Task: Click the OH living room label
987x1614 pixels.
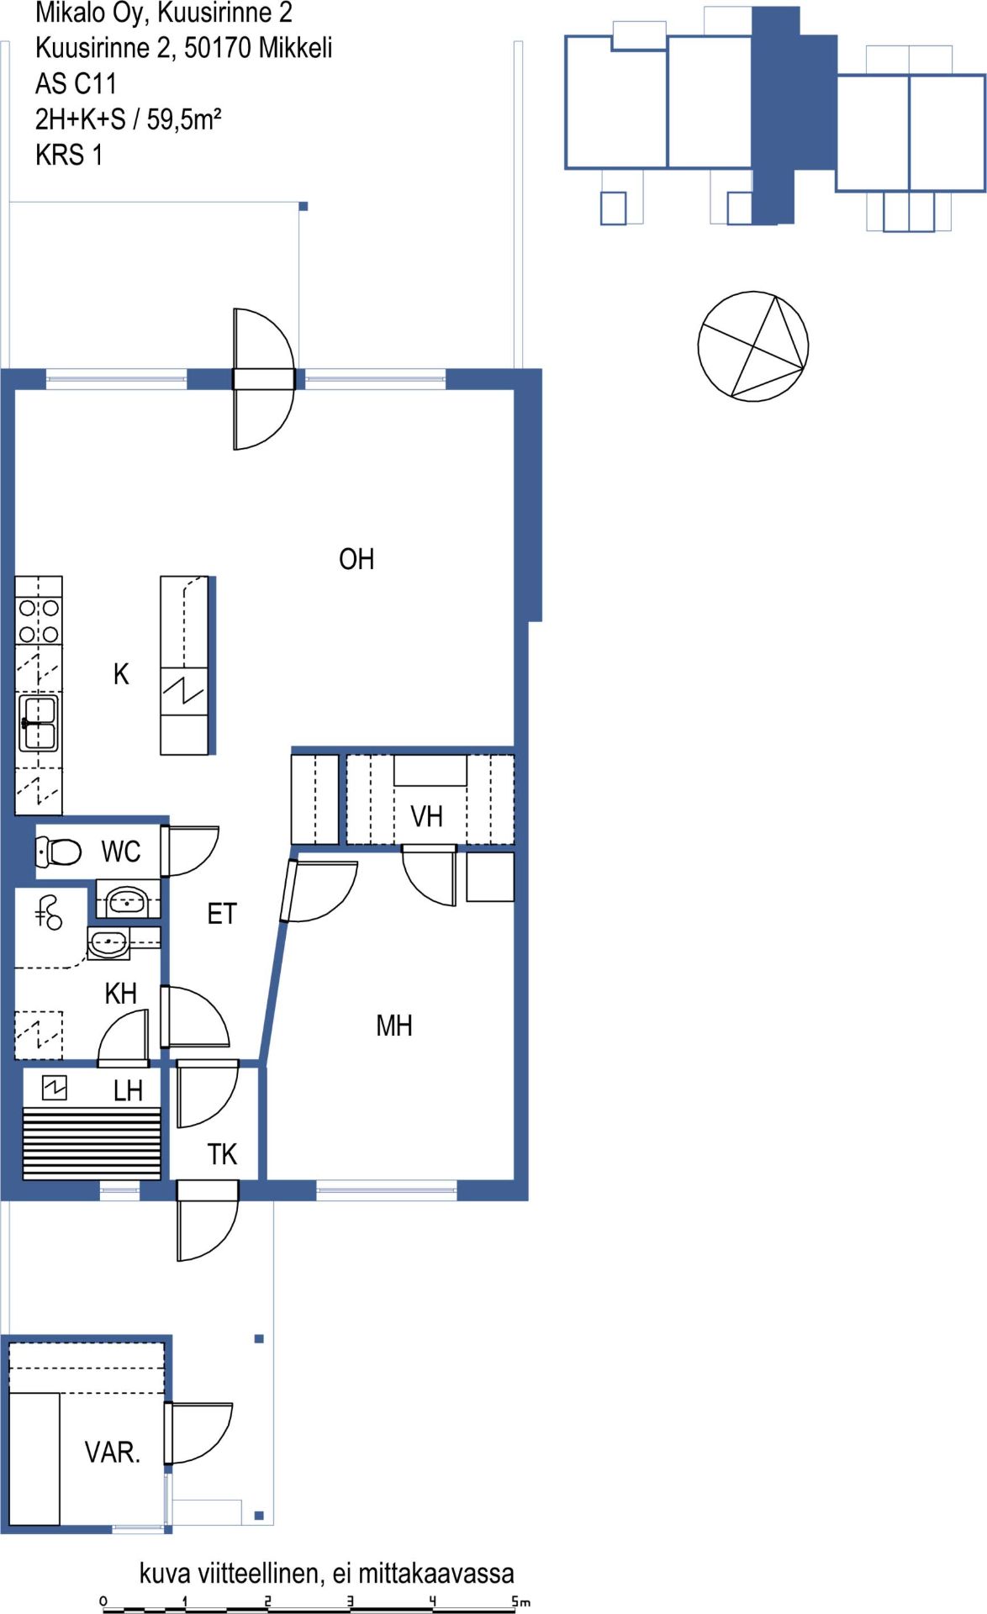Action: point(356,559)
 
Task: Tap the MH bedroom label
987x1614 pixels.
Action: point(393,1026)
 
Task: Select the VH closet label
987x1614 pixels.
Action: point(426,816)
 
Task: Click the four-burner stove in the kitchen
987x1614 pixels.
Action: point(39,620)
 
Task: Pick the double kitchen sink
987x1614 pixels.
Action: point(39,723)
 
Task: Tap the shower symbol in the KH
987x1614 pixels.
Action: point(48,912)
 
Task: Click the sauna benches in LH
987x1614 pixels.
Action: point(92,1143)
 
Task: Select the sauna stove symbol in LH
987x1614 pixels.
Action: point(55,1089)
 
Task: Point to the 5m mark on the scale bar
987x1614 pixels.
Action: point(520,1601)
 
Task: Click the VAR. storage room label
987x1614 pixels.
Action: point(112,1452)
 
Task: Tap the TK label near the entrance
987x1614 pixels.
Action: point(222,1154)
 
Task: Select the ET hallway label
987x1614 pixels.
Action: point(222,914)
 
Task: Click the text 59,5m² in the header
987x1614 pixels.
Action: point(184,119)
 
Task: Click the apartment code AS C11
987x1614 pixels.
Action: point(76,83)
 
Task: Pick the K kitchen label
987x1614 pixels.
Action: point(121,674)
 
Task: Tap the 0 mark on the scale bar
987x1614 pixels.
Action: point(103,1601)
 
